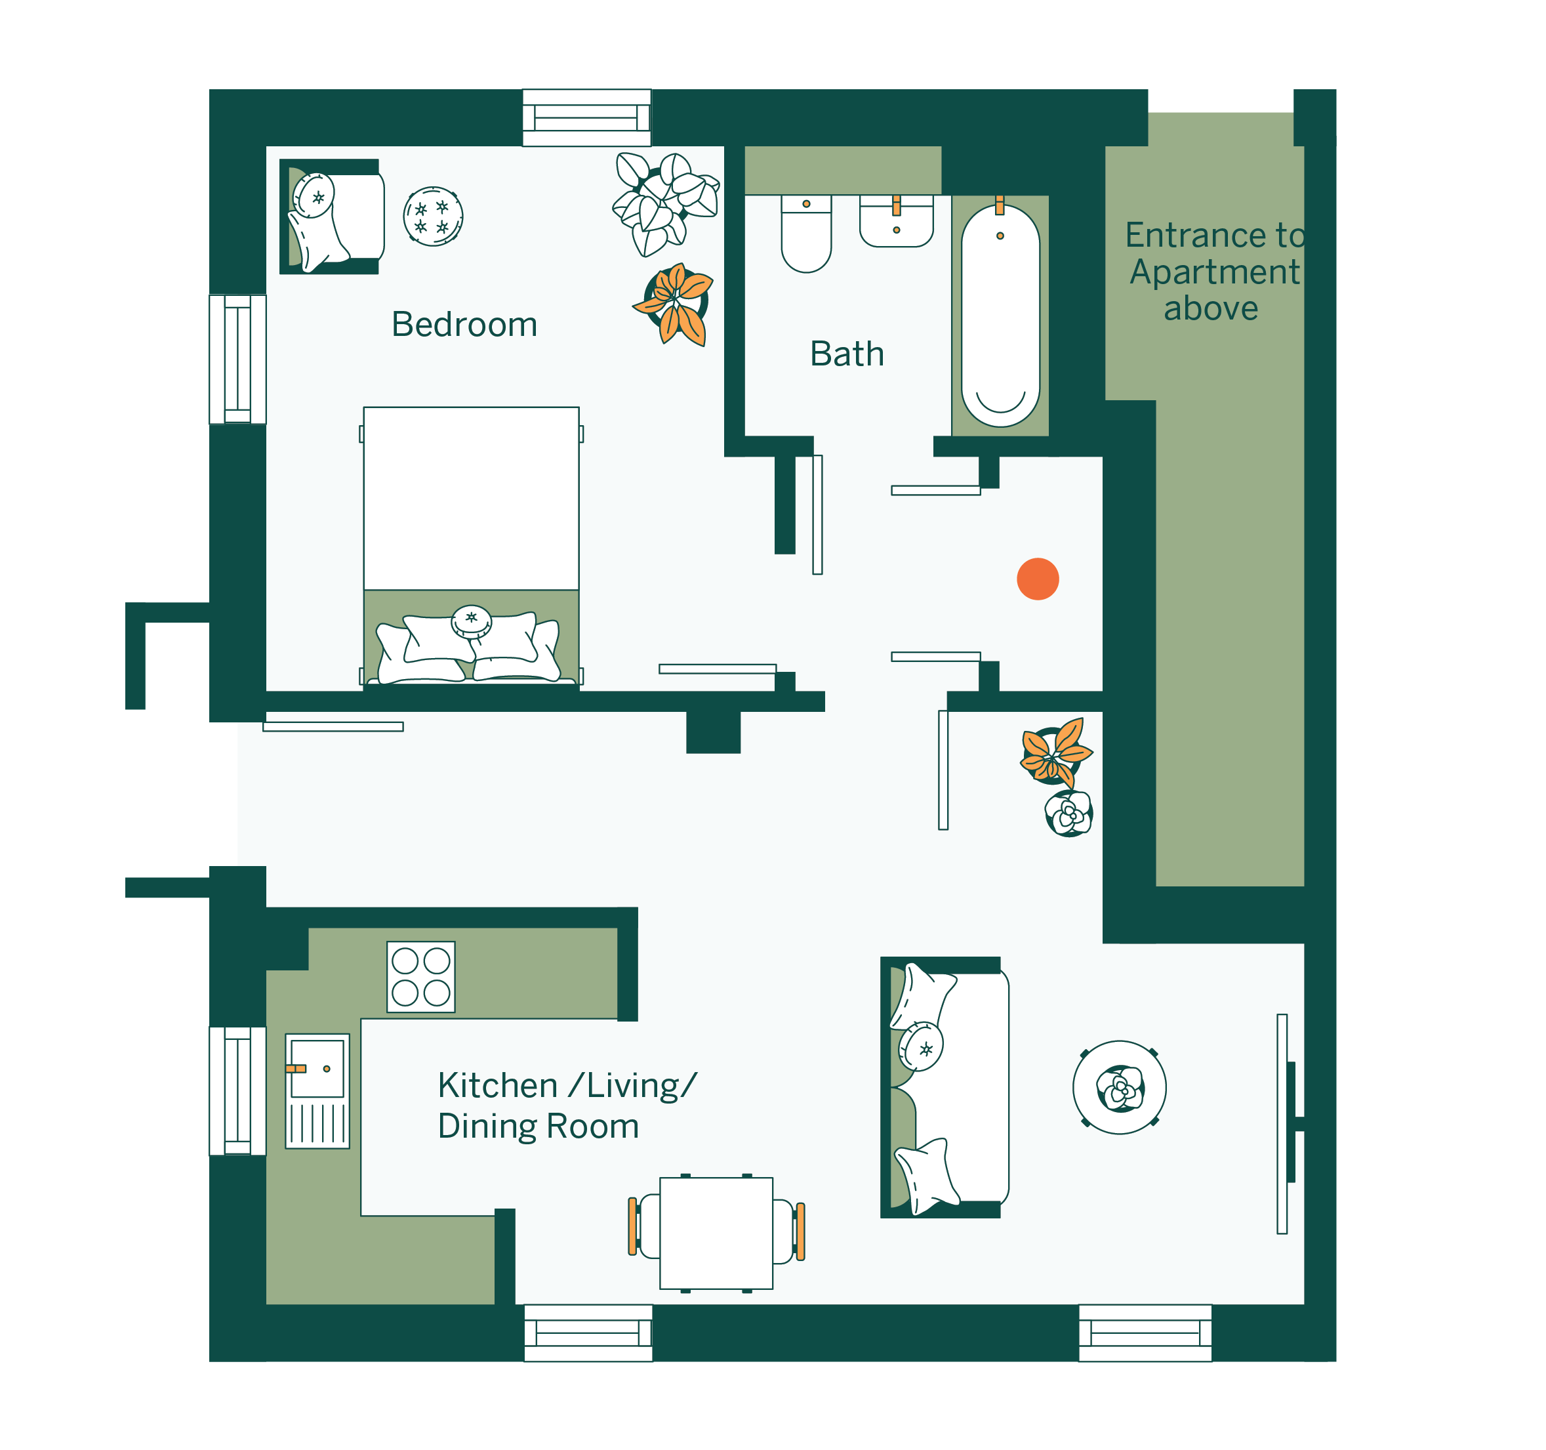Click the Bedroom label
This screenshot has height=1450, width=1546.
(x=464, y=324)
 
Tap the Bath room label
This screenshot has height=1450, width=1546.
(x=847, y=354)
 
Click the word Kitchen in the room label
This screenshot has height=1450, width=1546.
(x=498, y=1085)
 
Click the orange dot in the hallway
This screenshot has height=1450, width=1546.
(x=1038, y=579)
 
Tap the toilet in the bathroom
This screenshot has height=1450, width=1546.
(x=806, y=234)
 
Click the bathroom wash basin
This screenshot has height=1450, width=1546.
(x=896, y=221)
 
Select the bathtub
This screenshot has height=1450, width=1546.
(x=1000, y=315)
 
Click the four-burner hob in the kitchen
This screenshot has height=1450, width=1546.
(x=420, y=977)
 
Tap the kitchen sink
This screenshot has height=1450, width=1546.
(x=317, y=1090)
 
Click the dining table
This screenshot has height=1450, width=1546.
(x=716, y=1233)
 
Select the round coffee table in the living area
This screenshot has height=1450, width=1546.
(x=1119, y=1088)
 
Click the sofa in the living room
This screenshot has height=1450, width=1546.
(x=944, y=1087)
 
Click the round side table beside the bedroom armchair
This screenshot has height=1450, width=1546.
(x=433, y=217)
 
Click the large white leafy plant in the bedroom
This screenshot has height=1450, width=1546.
(x=665, y=203)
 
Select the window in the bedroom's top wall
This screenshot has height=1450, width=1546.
(x=586, y=117)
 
